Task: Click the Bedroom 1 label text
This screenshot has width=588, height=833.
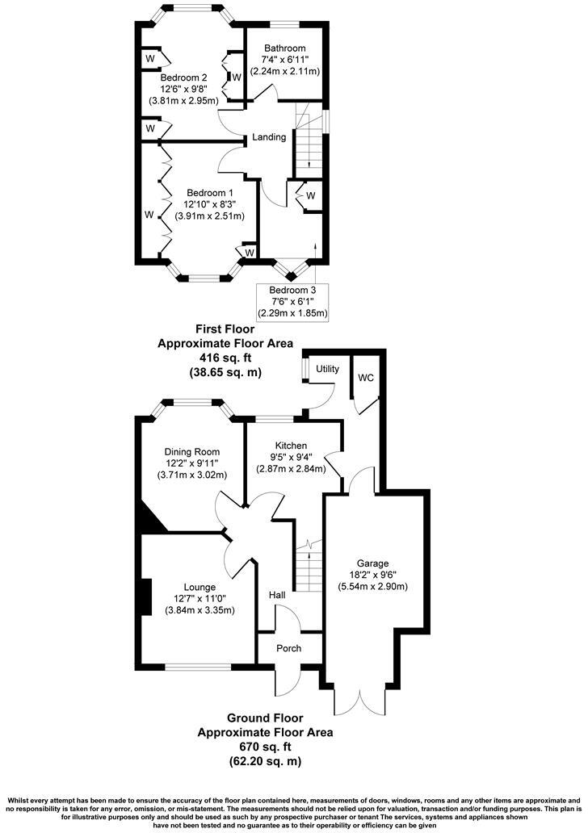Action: coord(210,193)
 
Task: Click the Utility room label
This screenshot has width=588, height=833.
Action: coord(328,368)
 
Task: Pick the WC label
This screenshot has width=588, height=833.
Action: coord(365,378)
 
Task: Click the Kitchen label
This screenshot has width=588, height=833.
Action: coord(292,446)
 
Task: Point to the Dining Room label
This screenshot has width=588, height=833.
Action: coord(192,451)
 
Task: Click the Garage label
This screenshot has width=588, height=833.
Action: coord(373,563)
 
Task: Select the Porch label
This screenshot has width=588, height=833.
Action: coord(289,648)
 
